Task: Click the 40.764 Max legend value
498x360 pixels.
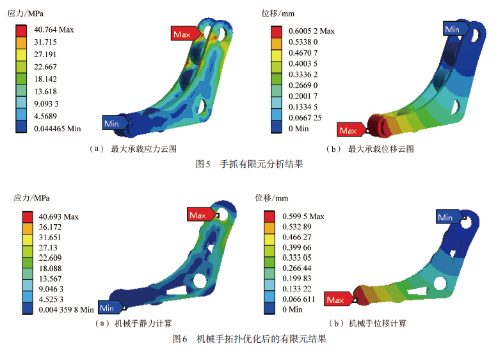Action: pos(54,29)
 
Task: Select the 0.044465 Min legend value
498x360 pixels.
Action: pos(58,129)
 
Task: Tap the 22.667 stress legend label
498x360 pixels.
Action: pos(45,67)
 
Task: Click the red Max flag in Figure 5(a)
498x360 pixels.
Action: pos(186,33)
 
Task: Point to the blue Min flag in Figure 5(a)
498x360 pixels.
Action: pos(115,123)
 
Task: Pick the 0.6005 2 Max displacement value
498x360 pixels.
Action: pos(311,31)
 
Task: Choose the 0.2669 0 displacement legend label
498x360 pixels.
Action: pos(303,85)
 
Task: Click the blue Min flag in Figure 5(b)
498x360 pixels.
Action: pos(456,29)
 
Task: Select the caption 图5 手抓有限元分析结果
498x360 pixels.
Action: pos(249,164)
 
